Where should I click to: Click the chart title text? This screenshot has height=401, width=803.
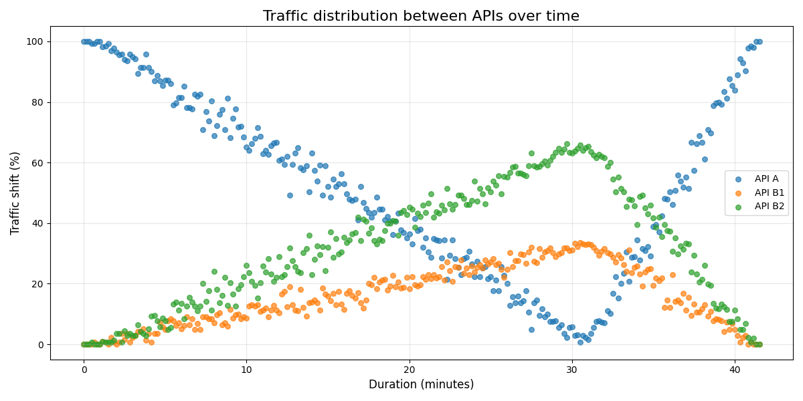(421, 16)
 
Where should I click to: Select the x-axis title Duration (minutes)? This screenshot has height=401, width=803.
(421, 384)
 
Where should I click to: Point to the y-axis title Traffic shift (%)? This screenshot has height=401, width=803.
(15, 193)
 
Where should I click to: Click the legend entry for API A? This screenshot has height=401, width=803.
(766, 179)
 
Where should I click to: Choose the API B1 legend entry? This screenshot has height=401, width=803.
(768, 193)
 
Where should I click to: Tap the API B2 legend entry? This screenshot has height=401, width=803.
(768, 207)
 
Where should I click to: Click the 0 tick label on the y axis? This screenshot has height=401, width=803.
(39, 345)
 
